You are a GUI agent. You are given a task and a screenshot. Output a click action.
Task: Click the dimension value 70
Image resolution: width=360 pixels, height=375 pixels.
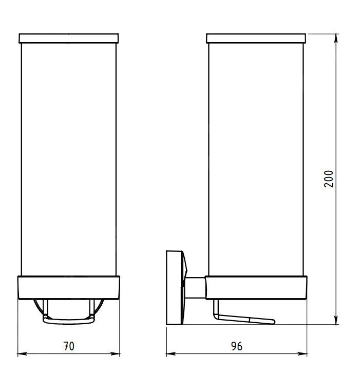pyautogui.click(x=68, y=346)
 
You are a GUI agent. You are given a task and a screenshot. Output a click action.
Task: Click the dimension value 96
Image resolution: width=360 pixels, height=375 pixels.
pyautogui.click(x=237, y=346)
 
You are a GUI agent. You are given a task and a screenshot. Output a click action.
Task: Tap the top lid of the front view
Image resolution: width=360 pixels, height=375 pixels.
pyautogui.click(x=68, y=38)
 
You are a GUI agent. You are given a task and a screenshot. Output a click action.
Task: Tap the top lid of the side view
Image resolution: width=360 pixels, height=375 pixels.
pyautogui.click(x=256, y=38)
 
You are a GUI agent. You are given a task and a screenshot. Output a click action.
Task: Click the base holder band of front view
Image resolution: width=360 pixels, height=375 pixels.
pyautogui.click(x=68, y=288)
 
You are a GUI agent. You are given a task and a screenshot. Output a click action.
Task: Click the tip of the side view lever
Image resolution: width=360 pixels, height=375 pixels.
pyautogui.click(x=273, y=322)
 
